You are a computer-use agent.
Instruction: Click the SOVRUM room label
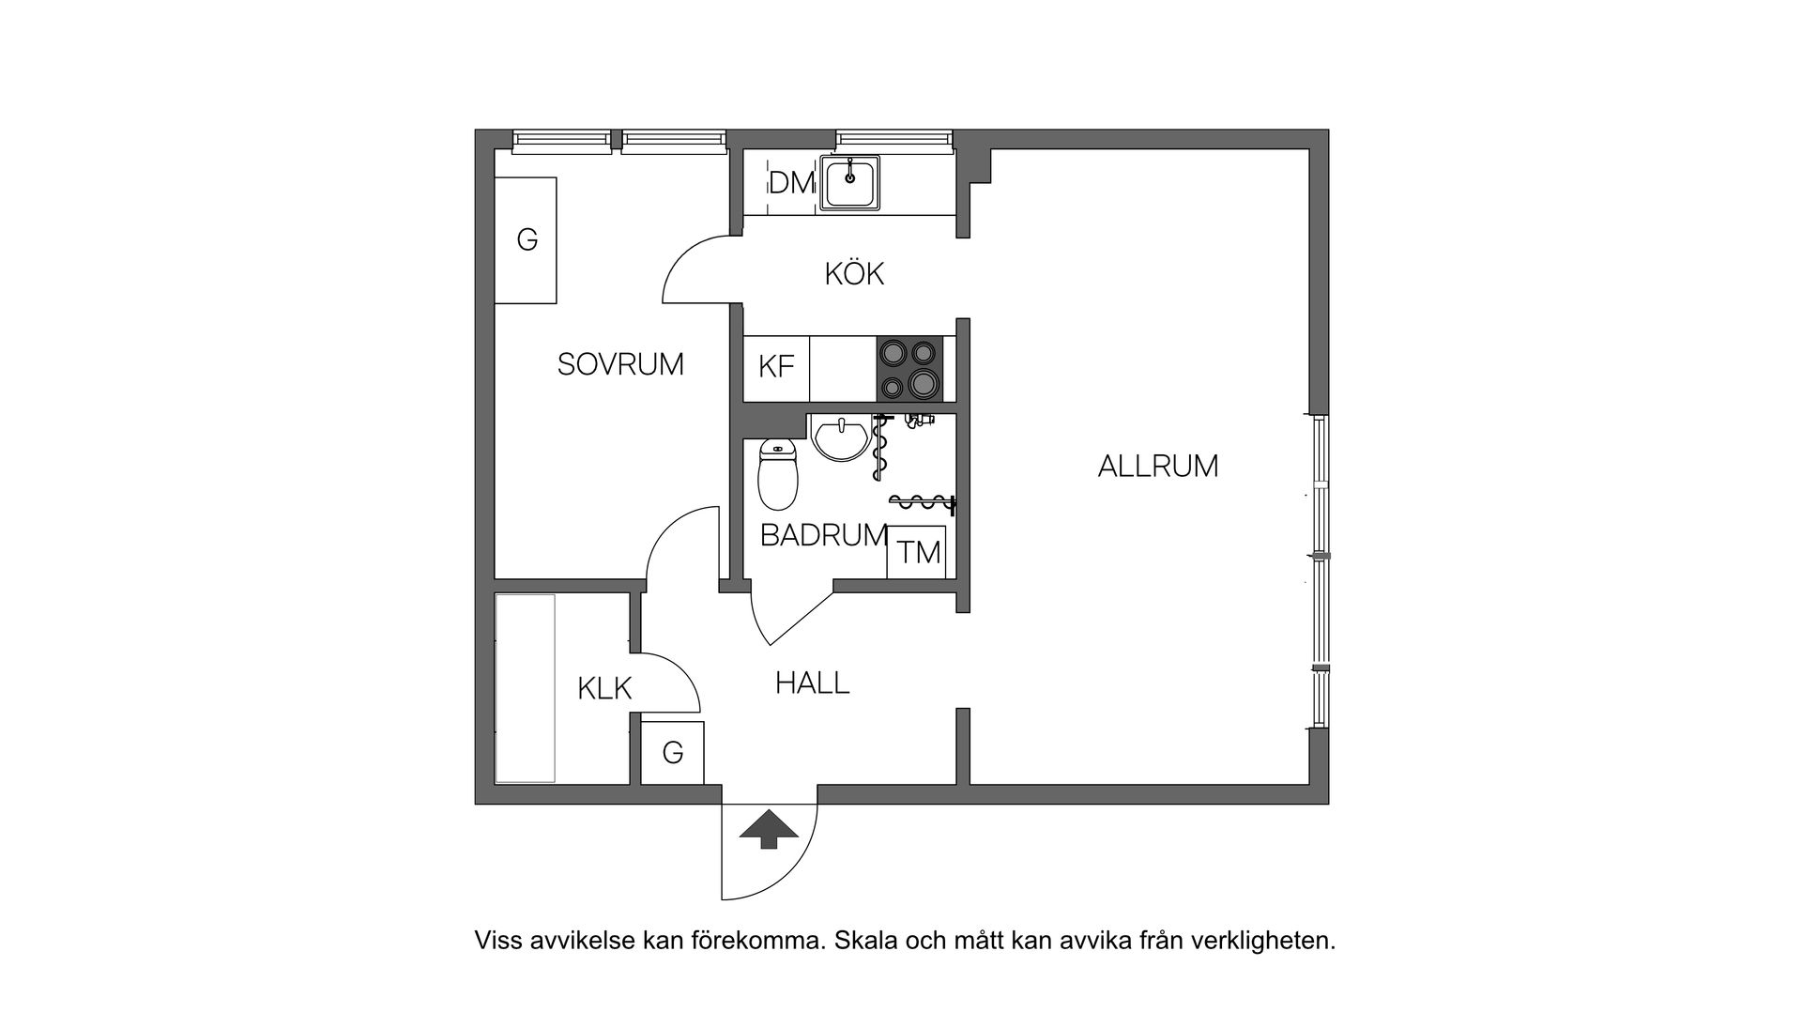(x=620, y=364)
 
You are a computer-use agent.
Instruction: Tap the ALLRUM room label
(x=1157, y=466)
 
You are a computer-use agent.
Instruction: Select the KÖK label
(x=854, y=274)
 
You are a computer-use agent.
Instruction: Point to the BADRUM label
(x=823, y=535)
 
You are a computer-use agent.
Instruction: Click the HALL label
(x=812, y=683)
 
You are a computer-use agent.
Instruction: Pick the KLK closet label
(x=604, y=689)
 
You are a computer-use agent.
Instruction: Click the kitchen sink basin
(x=849, y=182)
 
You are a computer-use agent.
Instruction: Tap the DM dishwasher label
(x=790, y=183)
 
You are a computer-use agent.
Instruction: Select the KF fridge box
(x=776, y=367)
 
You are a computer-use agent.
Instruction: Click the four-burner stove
(x=909, y=368)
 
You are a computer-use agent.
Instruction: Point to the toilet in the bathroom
(x=777, y=474)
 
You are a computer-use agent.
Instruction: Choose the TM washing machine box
(x=918, y=552)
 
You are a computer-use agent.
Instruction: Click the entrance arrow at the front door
(x=769, y=829)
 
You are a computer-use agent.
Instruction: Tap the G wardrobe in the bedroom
(x=527, y=240)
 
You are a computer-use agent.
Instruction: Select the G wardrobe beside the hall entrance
(x=672, y=753)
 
